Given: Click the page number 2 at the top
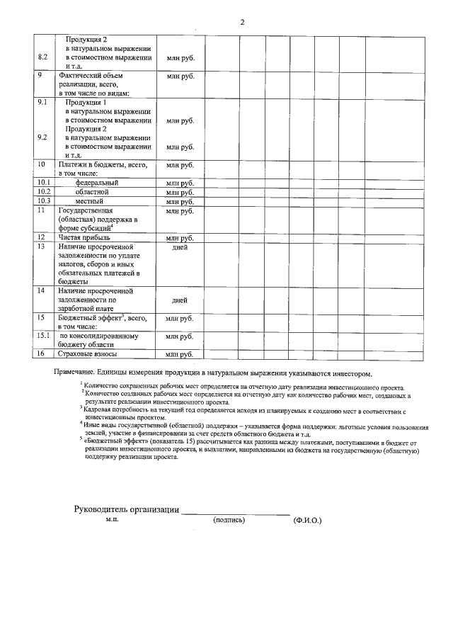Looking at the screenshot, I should click(x=242, y=22).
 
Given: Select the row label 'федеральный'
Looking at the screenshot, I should click(x=96, y=183).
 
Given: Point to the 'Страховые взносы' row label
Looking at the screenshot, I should click(x=87, y=354).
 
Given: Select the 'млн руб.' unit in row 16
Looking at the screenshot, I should click(x=180, y=354).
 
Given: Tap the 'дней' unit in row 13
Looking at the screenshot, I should click(x=180, y=248).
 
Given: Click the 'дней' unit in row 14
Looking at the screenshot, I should click(x=180, y=300).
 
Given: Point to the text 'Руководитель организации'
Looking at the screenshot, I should click(x=127, y=510).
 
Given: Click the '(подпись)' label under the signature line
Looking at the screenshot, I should click(x=229, y=521).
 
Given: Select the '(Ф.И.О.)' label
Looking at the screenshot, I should click(x=307, y=521).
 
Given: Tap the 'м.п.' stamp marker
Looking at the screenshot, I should click(x=112, y=520).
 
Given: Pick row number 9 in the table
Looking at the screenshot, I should click(x=40, y=75).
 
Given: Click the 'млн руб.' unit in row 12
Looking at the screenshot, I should click(x=180, y=238).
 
